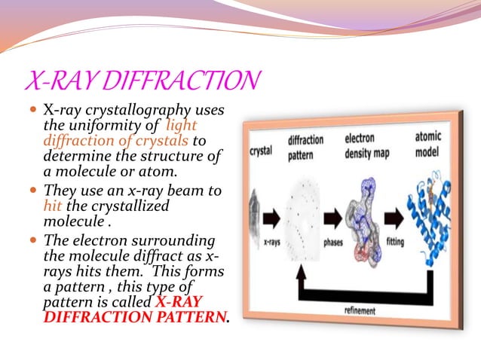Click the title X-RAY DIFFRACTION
coord(142,79)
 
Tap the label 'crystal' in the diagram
coord(261,151)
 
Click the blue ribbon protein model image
coord(436,207)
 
